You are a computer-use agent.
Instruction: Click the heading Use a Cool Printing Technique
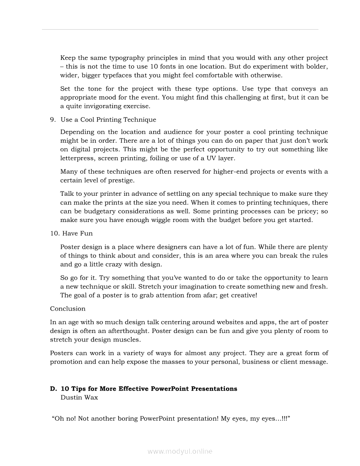coord(108,120)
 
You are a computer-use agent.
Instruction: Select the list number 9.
coord(53,120)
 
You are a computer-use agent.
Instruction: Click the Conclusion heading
coord(68,309)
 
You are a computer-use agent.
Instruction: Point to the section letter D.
coord(53,389)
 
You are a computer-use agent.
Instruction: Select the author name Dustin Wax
coord(80,398)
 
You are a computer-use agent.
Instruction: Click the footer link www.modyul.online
coord(180,452)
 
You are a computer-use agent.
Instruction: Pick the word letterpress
coord(77,158)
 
